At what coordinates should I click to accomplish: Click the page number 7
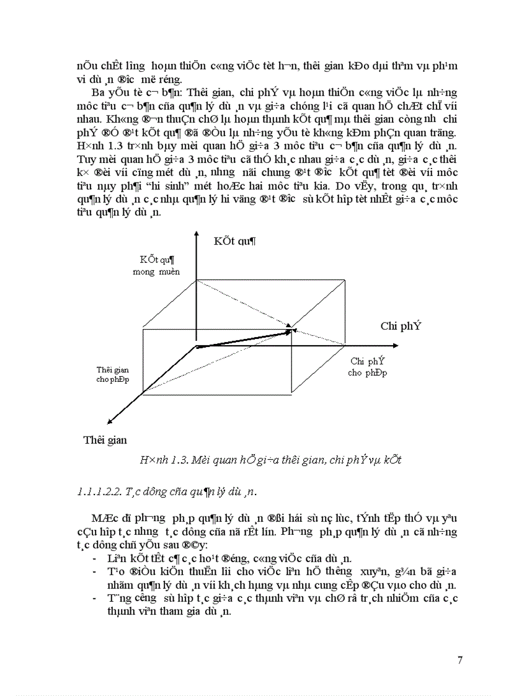[459, 659]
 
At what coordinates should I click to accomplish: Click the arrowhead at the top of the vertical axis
[197, 234]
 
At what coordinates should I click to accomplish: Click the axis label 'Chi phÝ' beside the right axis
[401, 326]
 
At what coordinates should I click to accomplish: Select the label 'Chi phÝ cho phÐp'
[368, 367]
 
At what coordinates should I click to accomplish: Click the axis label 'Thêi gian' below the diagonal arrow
[105, 440]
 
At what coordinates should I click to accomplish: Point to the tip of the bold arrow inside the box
[293, 332]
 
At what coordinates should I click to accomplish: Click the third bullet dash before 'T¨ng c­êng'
[92, 598]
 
